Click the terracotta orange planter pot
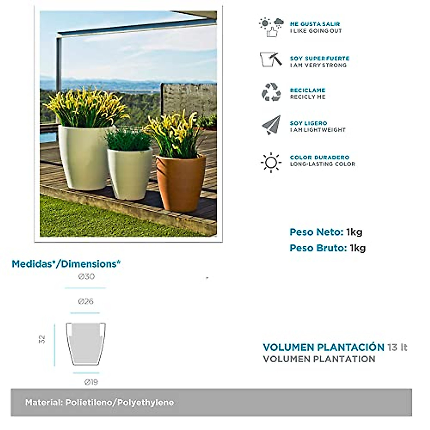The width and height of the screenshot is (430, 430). pos(181,183)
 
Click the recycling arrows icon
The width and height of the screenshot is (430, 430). pos(271,92)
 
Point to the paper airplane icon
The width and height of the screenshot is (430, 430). pos(271,125)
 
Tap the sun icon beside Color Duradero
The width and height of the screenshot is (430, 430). pos(271,162)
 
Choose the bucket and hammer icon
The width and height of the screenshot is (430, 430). pos(271,59)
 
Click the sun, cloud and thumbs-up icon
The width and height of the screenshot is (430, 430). pos(271,27)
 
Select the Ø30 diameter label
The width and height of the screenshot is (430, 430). pos(86,277)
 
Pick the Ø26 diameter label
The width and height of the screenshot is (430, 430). pos(86,301)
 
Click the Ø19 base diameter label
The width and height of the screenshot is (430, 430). pos(91,382)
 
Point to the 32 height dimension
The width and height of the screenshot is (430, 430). pos(42,339)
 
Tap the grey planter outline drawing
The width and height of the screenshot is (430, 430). pos(86,344)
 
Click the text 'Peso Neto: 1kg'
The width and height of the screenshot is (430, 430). pos(326,232)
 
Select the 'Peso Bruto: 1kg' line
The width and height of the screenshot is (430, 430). pos(328,248)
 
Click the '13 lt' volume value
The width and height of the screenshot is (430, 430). pos(397,347)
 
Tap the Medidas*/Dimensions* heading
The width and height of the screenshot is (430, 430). pos(66,264)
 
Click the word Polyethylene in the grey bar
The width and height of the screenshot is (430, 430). pos(145,402)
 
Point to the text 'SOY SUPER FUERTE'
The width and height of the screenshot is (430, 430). pos(319,58)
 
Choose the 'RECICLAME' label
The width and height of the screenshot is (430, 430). pos(307,90)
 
